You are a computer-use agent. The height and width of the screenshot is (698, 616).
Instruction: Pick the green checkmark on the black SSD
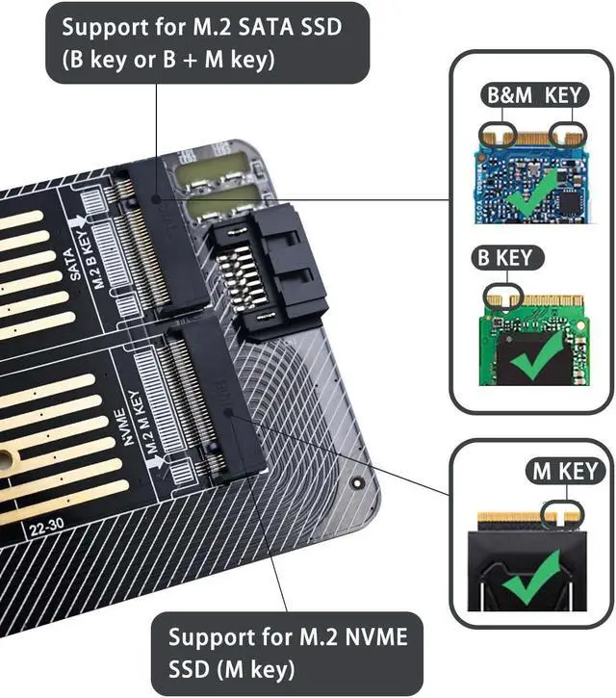pos(531,583)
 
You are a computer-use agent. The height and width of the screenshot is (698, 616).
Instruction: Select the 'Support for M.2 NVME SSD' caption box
pos(287,650)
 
